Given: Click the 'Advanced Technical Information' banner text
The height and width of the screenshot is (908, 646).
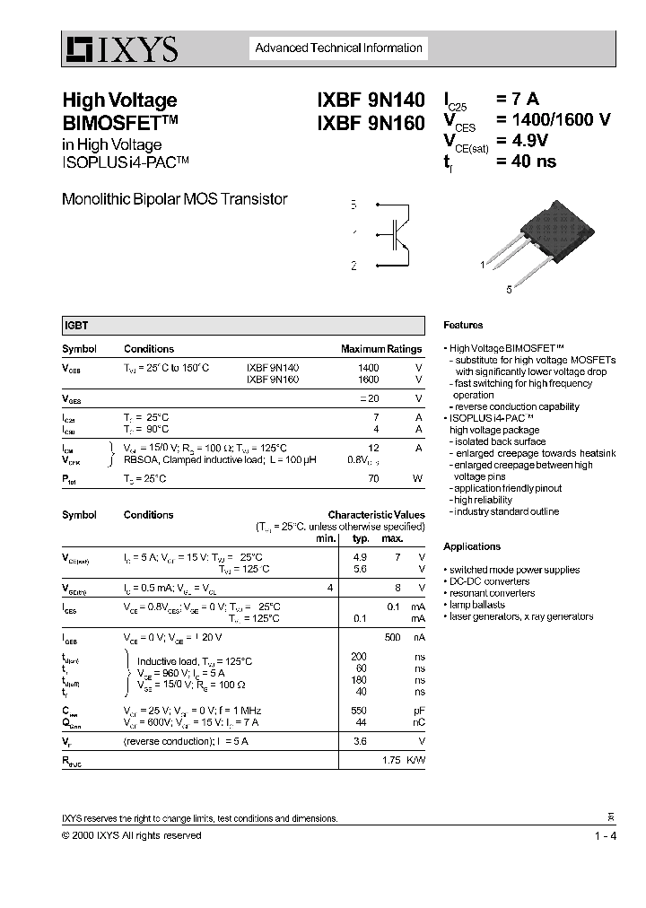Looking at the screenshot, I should [338, 48].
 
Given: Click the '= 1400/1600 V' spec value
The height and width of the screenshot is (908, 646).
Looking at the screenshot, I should [553, 120].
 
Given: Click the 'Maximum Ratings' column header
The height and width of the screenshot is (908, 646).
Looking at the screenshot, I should [380, 349].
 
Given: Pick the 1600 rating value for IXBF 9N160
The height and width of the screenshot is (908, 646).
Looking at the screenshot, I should [368, 380].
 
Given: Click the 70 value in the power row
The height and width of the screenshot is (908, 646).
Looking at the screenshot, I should [373, 479].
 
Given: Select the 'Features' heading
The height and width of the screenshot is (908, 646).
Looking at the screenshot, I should [463, 326].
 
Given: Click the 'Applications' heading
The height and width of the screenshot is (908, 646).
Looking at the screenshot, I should [472, 546].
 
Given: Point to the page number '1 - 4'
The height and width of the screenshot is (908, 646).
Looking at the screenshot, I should [605, 836].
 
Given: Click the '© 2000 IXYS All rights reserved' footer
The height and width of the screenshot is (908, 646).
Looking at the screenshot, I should [131, 835].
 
